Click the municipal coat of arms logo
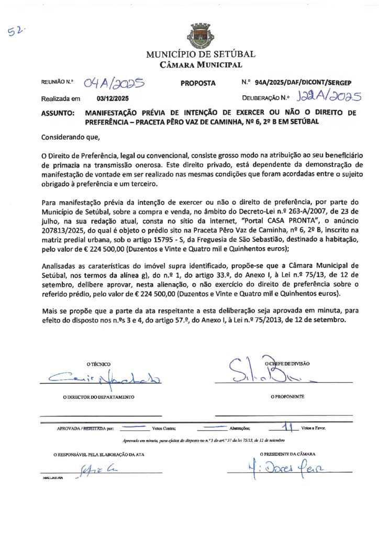pos(200,36)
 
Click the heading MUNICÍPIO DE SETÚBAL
pos(200,54)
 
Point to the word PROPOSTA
pos(198,83)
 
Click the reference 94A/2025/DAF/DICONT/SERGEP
pos(303,83)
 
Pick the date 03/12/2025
pos(113,98)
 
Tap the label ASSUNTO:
pos(58,113)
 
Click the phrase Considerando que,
pos(70,138)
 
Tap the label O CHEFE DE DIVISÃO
pos(288,363)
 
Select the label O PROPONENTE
pos(287,397)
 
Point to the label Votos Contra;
pos(163,428)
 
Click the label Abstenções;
pos(240,428)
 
